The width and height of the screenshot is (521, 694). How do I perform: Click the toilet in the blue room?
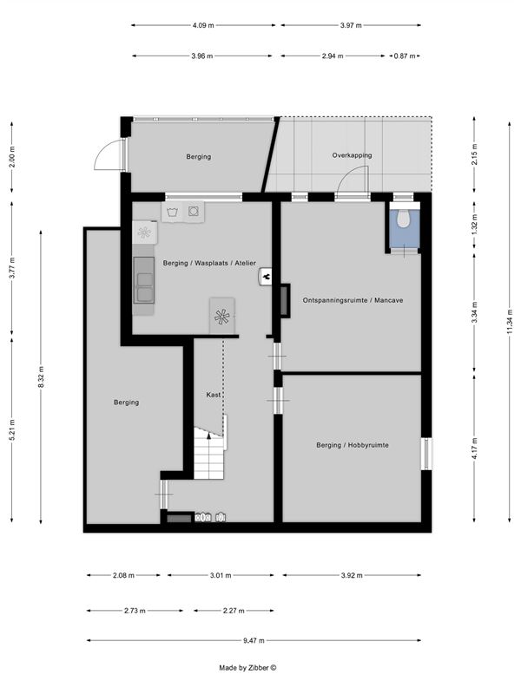[x=403, y=219]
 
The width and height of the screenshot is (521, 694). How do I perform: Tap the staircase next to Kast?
[x=208, y=453]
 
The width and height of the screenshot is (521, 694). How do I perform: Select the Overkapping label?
[x=353, y=155]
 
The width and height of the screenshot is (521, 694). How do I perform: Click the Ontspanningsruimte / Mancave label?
[x=353, y=300]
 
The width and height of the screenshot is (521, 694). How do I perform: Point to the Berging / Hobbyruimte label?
[x=353, y=445]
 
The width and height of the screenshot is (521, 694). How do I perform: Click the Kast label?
[x=214, y=395]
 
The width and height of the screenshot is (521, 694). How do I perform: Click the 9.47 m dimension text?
[x=254, y=640]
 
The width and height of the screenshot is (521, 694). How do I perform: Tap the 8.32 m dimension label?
[x=41, y=377]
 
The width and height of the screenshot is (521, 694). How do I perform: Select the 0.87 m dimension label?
[x=405, y=56]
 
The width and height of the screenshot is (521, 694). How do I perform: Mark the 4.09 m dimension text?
[x=203, y=25]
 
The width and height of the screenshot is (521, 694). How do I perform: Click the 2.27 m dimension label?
[x=234, y=611]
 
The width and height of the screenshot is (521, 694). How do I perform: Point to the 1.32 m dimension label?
[x=474, y=225]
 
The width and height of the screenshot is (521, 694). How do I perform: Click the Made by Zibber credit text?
[x=247, y=668]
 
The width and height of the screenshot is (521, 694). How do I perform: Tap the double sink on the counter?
[x=144, y=287]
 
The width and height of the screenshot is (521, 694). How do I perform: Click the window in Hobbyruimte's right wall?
[x=426, y=454]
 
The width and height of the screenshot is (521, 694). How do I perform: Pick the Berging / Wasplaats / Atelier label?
[x=209, y=263]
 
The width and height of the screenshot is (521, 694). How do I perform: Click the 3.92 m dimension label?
[x=352, y=575]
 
